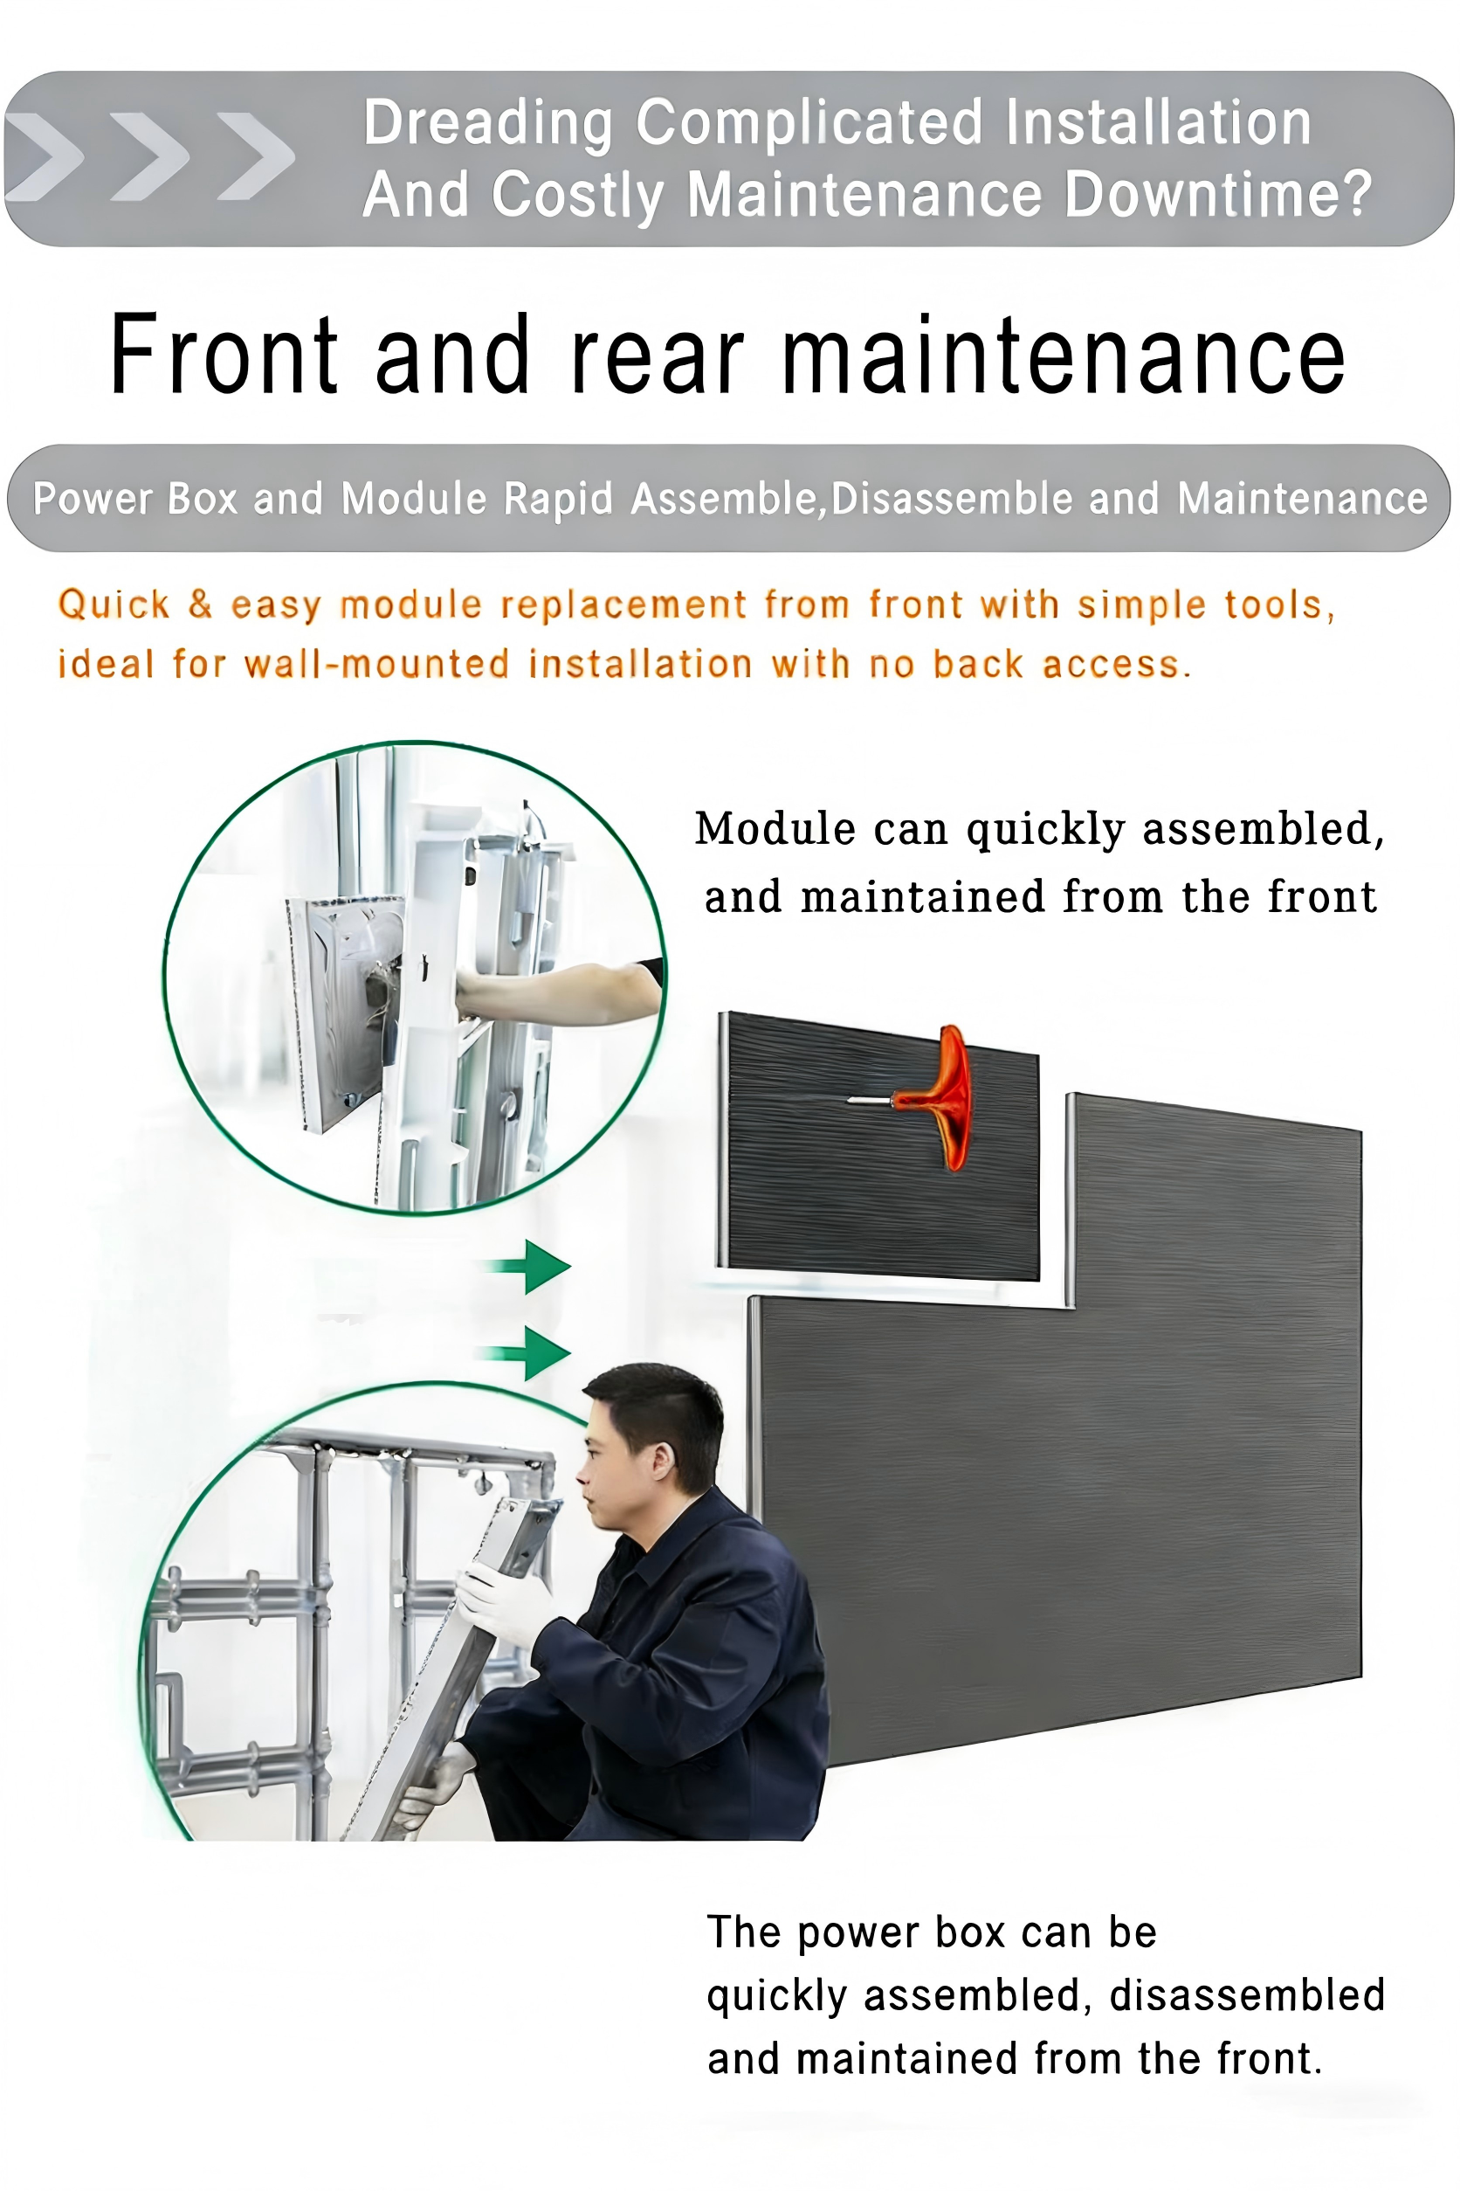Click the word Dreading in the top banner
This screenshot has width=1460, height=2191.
point(488,124)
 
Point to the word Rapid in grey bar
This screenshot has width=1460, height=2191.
point(558,498)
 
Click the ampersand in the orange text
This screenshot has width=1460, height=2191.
point(200,604)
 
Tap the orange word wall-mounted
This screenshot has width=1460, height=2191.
point(376,664)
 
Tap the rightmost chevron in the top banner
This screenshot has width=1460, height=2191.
point(255,156)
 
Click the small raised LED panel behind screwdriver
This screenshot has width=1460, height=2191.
point(879,1146)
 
